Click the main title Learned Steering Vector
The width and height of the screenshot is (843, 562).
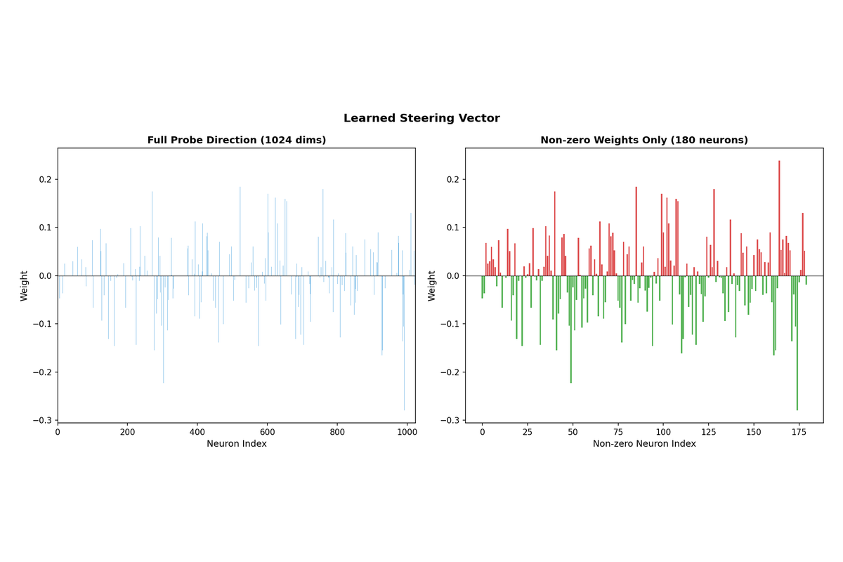coord(421,118)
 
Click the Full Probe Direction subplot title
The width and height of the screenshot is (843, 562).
coord(237,140)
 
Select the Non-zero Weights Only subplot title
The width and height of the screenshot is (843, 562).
coord(644,140)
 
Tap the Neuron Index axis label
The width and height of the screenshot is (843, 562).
coord(237,444)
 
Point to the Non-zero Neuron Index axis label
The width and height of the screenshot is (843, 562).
coord(644,444)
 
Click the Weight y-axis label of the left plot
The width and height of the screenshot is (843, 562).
coord(24,286)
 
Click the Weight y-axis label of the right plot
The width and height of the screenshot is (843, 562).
coord(431,286)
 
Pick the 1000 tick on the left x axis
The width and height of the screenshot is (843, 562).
coord(407,433)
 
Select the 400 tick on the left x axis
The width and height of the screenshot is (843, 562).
coord(197,433)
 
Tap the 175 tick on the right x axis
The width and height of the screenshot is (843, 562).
coord(799,433)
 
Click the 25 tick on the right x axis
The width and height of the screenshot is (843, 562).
coord(527,433)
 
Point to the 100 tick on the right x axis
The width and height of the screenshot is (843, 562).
coord(662,433)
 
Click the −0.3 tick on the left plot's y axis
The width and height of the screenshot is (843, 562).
coord(42,420)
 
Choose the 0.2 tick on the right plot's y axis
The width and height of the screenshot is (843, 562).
coord(453,179)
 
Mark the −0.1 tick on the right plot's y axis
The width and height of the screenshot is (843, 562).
coord(450,324)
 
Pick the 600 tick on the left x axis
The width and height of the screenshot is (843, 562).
coord(267,433)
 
